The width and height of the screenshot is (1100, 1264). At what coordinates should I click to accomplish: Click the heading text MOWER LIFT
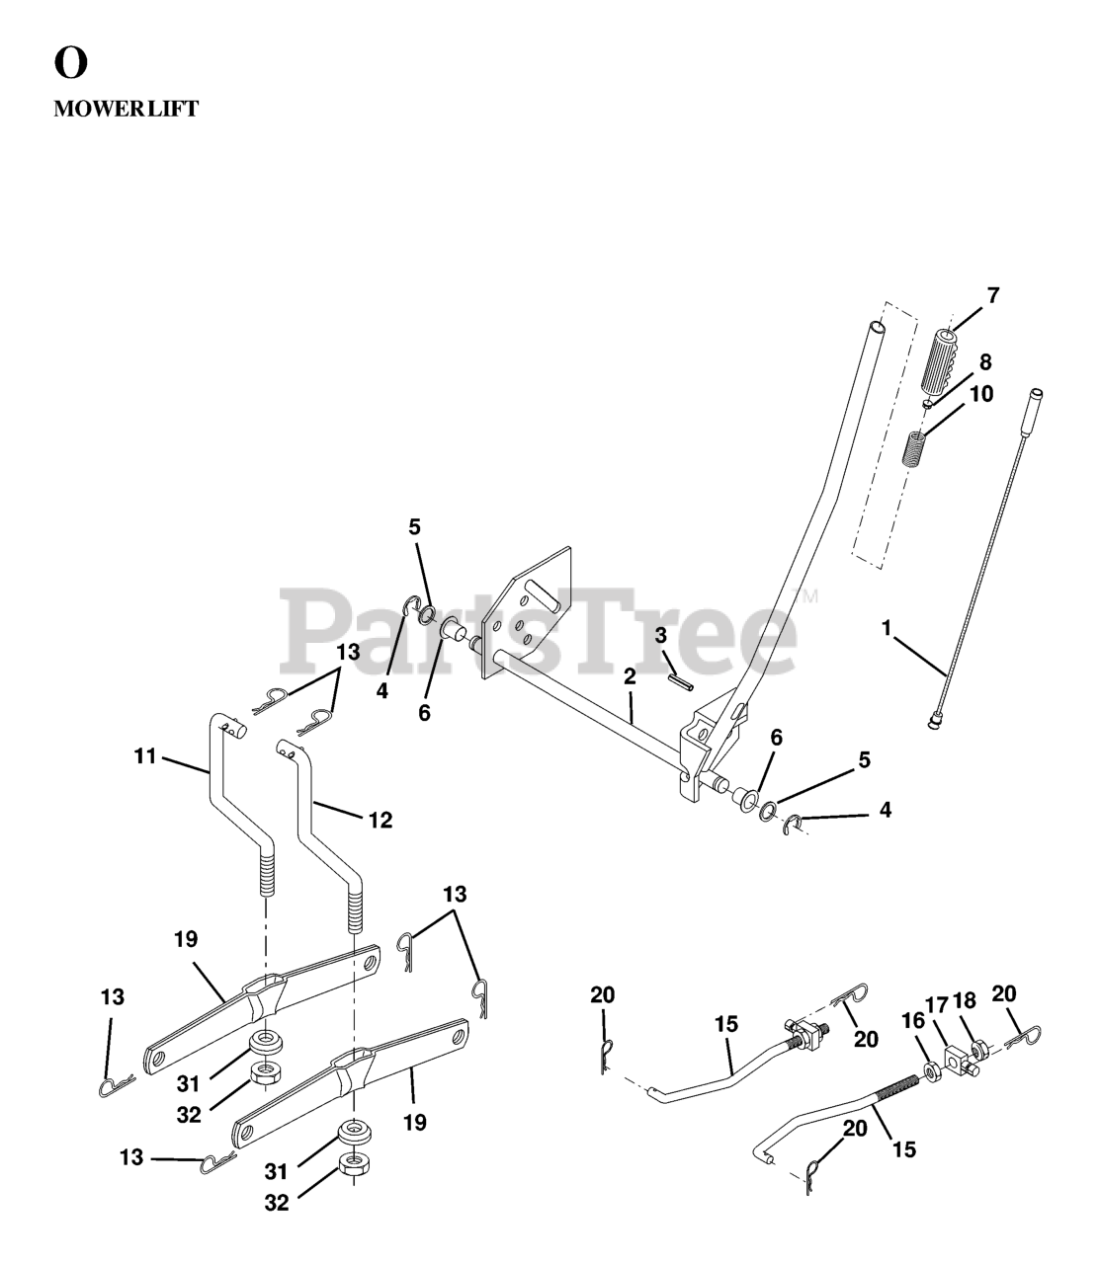(x=126, y=110)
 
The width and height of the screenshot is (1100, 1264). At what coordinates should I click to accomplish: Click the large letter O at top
(x=71, y=63)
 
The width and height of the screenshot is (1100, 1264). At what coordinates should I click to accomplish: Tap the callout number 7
(x=992, y=294)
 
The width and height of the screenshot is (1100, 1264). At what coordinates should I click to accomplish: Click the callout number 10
(x=980, y=393)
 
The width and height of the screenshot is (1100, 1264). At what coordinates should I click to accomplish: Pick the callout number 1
(x=887, y=626)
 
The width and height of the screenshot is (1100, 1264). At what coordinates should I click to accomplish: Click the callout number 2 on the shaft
(x=630, y=677)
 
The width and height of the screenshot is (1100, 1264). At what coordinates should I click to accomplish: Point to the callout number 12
(x=380, y=819)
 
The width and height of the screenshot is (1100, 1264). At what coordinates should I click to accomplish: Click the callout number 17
(x=936, y=1004)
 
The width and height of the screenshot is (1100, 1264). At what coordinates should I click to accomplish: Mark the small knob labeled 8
(x=928, y=403)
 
